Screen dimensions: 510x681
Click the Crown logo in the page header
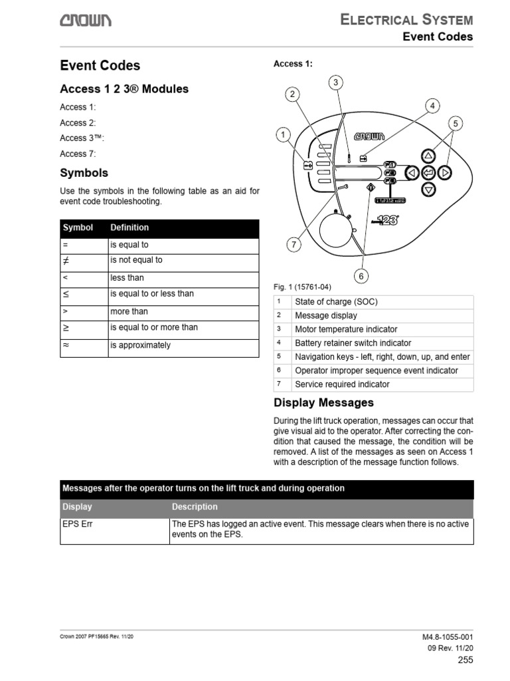click(86, 22)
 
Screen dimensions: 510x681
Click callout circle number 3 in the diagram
click(337, 82)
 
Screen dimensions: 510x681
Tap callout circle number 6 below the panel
click(362, 275)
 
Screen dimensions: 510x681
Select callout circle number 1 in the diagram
click(283, 135)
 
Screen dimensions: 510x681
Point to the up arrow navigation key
click(428, 156)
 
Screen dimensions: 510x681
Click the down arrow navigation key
click(428, 190)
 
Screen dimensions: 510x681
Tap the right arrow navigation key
click(446, 173)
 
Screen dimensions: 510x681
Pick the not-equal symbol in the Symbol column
click(66, 261)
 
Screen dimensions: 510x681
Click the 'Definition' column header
click(129, 227)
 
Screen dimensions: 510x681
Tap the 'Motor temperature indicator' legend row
click(346, 329)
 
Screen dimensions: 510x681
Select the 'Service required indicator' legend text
click(342, 384)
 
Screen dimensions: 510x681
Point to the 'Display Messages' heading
click(323, 403)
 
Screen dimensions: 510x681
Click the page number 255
click(465, 660)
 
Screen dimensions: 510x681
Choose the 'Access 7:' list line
click(78, 154)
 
